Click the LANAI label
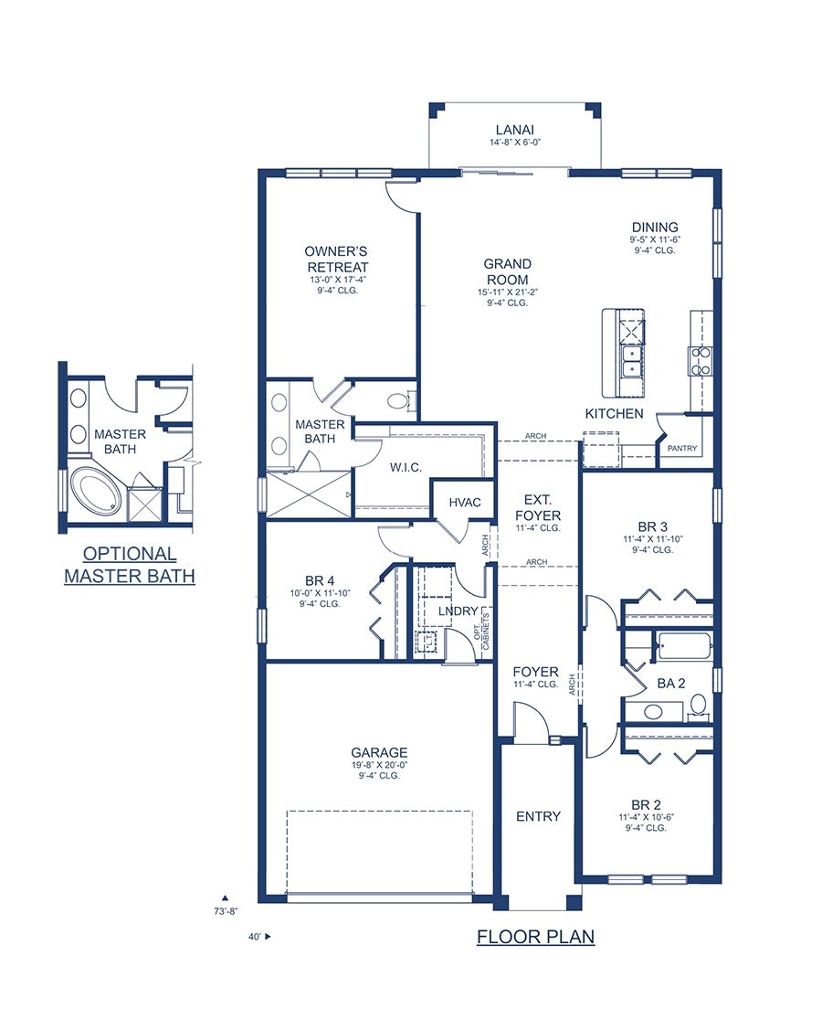515,130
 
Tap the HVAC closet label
464,503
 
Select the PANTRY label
682,449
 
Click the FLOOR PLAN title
535,937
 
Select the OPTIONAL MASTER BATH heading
129,565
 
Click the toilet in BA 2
699,705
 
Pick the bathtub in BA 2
684,646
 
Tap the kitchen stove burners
701,361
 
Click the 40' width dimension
255,937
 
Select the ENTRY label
538,816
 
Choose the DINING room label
655,228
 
